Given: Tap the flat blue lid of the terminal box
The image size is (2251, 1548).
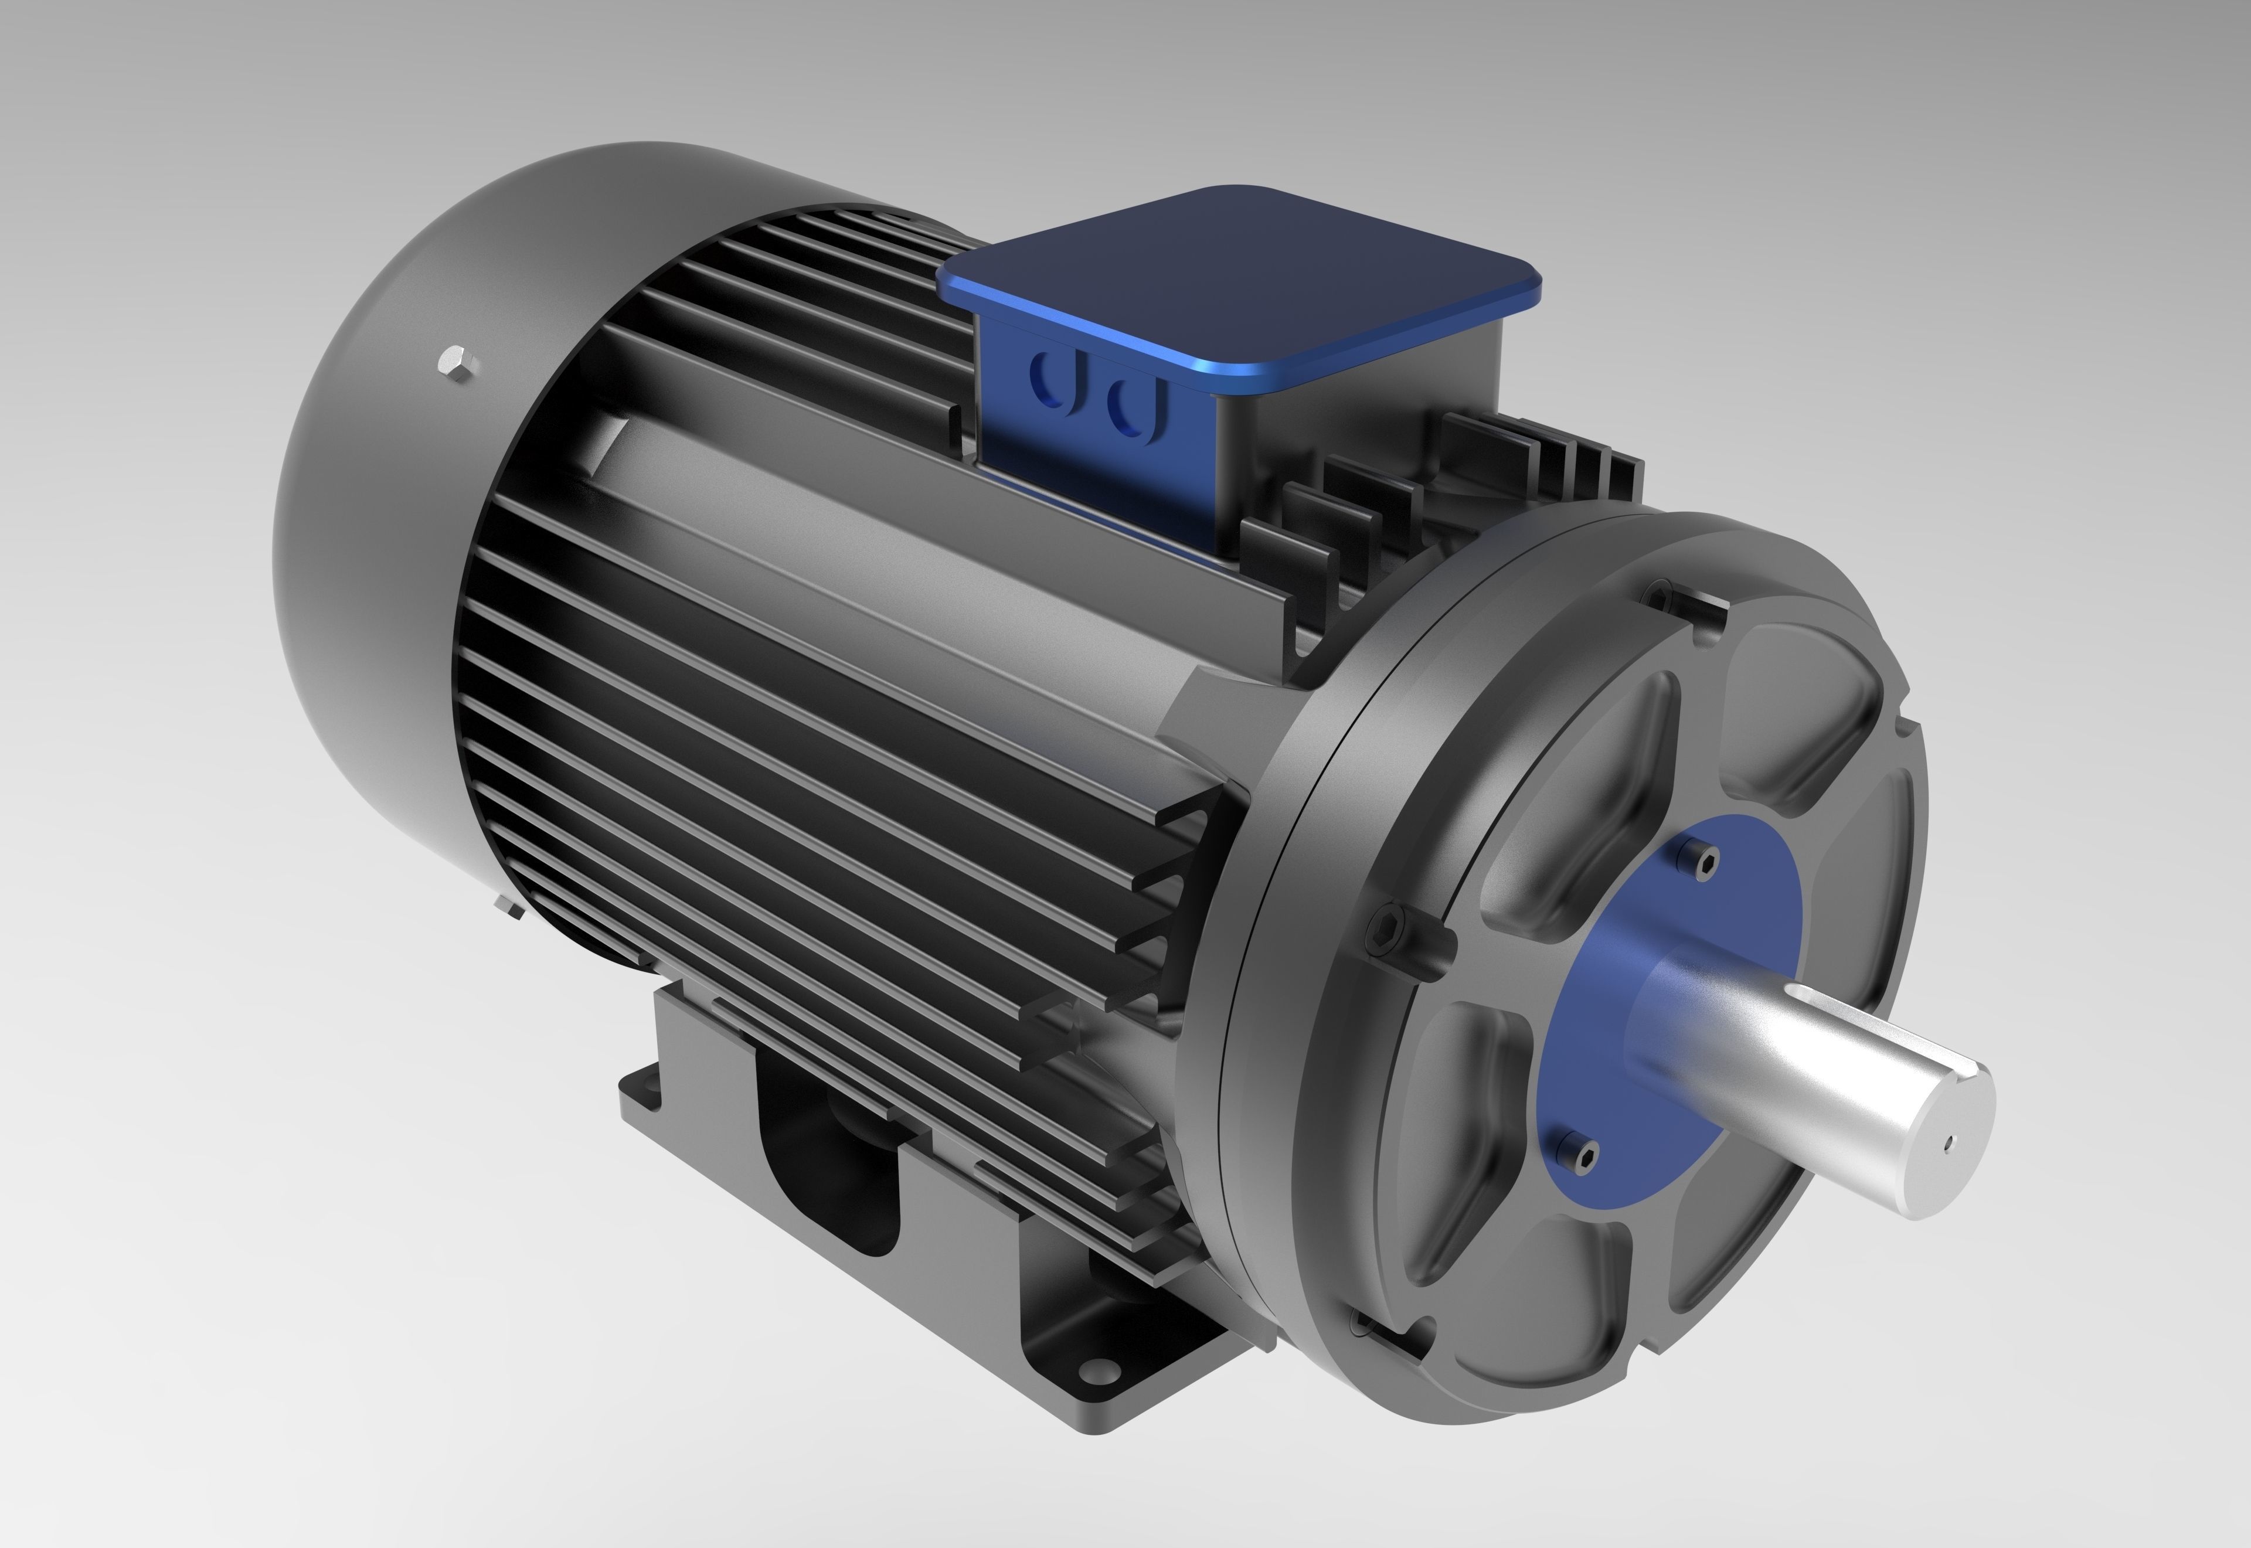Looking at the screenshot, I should pyautogui.click(x=1242, y=281).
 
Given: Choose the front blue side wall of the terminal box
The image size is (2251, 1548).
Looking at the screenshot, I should pyautogui.click(x=1096, y=437).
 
